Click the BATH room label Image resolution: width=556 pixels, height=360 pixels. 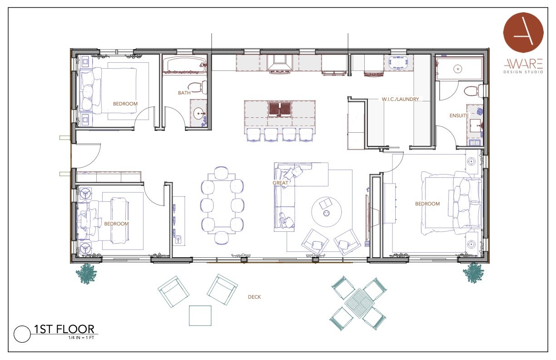coord(184,93)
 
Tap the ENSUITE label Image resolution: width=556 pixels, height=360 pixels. coord(459,115)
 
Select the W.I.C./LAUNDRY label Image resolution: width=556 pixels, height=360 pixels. coord(400,99)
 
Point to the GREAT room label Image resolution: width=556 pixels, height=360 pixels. coord(280,183)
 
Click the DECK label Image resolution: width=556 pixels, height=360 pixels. coord(254,297)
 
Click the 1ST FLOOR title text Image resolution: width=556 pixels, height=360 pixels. coord(64,329)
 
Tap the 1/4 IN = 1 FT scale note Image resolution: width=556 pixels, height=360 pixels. coord(81,338)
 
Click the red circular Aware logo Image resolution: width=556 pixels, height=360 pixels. coord(523,32)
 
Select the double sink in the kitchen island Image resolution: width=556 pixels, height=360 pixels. coord(280,109)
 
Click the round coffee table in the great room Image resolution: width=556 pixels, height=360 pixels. coord(327,211)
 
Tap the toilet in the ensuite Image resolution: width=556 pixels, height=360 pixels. coord(473,91)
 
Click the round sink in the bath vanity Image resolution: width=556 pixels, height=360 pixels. coord(199,114)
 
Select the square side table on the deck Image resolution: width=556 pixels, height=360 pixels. coord(200,315)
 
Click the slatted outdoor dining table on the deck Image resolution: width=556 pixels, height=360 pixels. coord(359,303)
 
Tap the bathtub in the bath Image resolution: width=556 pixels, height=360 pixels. coord(184,64)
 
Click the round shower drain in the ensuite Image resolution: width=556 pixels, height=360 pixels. coord(458,69)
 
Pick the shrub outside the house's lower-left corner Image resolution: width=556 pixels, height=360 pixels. coord(86,274)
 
